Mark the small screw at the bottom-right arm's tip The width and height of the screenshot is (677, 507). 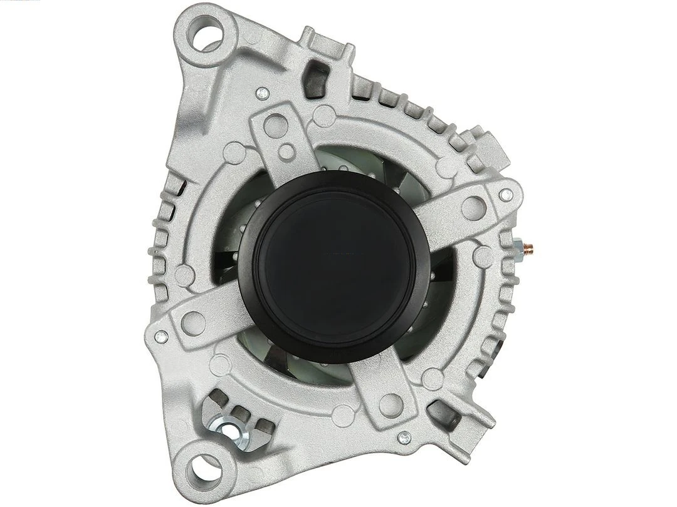pyautogui.click(x=405, y=438)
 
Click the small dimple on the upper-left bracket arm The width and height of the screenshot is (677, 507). pyautogui.click(x=286, y=151)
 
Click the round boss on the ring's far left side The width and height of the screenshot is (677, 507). pyautogui.click(x=182, y=274)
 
